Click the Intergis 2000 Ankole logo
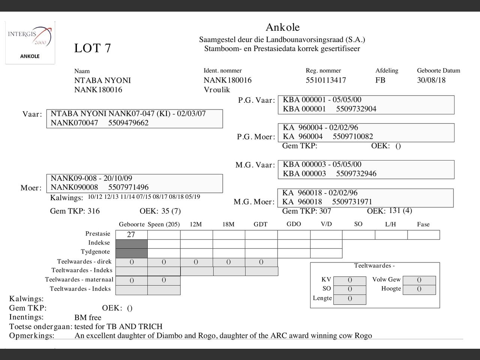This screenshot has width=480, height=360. (30, 42)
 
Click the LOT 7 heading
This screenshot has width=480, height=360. (92, 48)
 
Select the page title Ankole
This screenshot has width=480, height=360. (282, 27)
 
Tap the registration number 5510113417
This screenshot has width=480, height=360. (325, 80)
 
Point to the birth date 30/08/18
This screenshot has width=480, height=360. (431, 80)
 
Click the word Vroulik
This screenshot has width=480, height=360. (217, 90)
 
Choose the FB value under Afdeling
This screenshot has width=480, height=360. (380, 80)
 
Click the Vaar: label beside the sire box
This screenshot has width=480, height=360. (32, 114)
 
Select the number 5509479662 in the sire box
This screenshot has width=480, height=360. (128, 123)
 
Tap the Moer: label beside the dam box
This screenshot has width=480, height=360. (31, 188)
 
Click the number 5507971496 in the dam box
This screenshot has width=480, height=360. (128, 187)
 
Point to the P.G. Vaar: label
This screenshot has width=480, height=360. (256, 100)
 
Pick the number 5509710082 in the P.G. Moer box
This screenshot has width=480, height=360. (353, 136)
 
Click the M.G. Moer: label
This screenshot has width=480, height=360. (254, 202)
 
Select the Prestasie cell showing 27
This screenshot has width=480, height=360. (131, 235)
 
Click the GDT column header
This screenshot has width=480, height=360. (260, 224)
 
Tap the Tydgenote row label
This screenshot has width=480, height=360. (95, 252)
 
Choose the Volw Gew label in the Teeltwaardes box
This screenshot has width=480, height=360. (386, 279)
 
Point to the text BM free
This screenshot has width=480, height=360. (88, 318)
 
